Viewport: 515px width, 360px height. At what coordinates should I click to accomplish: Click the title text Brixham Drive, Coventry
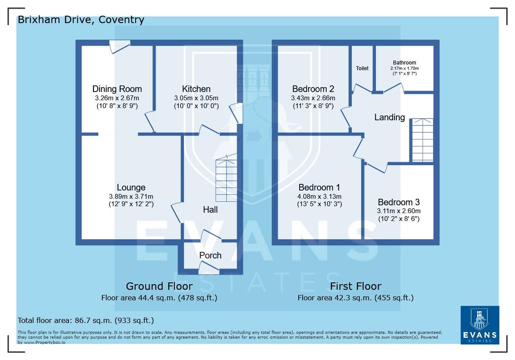click(x=81, y=20)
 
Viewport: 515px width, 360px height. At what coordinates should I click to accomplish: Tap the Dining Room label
click(x=117, y=89)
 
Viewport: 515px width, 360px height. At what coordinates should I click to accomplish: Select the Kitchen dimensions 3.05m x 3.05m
click(x=196, y=98)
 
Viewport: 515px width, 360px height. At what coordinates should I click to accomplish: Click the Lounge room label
click(x=131, y=187)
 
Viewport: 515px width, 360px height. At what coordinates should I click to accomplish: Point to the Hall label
click(x=210, y=210)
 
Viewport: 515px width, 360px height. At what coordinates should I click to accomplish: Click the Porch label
click(x=210, y=255)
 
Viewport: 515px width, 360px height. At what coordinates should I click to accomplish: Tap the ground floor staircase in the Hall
click(x=226, y=179)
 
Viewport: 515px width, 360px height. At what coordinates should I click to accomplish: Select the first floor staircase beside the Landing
click(x=422, y=139)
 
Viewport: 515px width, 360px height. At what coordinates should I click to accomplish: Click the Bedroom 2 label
click(x=313, y=89)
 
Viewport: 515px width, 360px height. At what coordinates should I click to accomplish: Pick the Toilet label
click(x=362, y=68)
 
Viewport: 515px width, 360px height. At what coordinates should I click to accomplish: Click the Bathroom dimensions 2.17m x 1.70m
click(x=404, y=68)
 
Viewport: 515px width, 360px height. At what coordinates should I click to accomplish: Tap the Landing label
click(x=389, y=117)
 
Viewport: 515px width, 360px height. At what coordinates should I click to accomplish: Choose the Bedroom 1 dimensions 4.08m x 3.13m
click(x=320, y=197)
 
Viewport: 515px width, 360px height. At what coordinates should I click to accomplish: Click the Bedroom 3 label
click(x=399, y=202)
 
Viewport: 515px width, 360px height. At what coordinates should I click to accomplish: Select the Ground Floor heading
click(x=159, y=286)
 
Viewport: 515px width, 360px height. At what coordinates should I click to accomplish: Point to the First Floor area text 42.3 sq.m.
click(x=355, y=298)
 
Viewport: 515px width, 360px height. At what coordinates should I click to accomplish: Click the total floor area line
click(x=85, y=320)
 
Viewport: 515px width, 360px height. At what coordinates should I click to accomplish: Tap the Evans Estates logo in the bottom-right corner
click(x=480, y=325)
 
